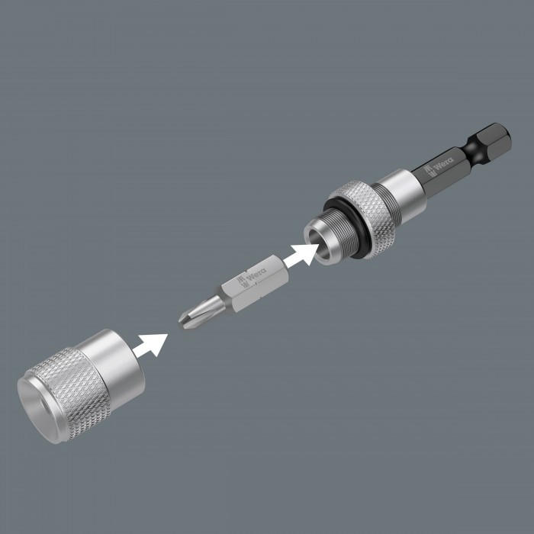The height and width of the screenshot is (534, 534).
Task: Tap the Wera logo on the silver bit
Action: pyautogui.click(x=252, y=277)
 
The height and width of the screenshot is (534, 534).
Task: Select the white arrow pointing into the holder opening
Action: pyautogui.click(x=301, y=255)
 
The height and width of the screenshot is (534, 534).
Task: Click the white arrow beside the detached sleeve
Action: pyautogui.click(x=150, y=345)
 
